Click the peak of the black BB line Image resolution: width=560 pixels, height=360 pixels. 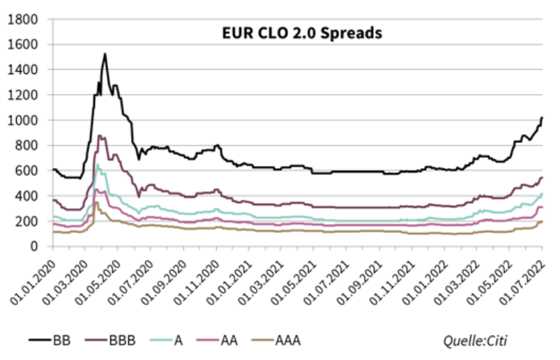pyautogui.click(x=105, y=54)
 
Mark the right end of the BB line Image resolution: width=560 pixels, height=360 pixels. pyautogui.click(x=543, y=117)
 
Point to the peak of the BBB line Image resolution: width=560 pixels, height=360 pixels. pyautogui.click(x=100, y=135)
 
